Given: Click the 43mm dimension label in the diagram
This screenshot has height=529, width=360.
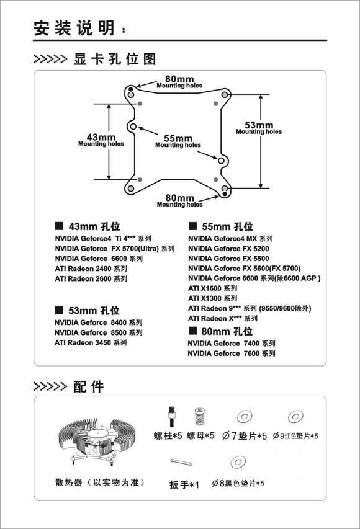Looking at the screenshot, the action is pos(101,140).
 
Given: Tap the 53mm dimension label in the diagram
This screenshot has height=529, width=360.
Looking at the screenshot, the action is pos(259,128).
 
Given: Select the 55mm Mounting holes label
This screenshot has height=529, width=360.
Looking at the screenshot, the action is pos(178,141).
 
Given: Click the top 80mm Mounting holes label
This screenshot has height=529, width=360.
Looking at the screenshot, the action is pos(179,82).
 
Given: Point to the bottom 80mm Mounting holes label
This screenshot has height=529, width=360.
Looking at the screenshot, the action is pos(179,201).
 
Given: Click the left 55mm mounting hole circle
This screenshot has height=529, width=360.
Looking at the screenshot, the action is pos(133,127).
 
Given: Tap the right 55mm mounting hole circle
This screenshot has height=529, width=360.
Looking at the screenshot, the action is pos(221,161).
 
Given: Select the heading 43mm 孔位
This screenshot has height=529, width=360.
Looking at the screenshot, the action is pos(88,226).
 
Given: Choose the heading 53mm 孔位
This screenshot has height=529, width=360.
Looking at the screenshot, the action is pos(87,310).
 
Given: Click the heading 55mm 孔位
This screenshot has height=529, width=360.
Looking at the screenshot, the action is pos(221,226).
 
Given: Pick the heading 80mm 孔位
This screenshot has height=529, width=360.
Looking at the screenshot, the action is pos(220,331).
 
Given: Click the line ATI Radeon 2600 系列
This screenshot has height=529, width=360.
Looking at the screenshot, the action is pos(91,278).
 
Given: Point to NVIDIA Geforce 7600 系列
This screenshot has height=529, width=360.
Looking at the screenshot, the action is pos(232,353).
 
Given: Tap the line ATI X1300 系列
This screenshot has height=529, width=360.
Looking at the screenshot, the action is pos(213,298).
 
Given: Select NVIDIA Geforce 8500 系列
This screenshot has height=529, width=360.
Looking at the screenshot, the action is pos(99,332).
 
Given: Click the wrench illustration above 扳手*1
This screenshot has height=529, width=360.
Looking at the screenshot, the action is pos(181,462).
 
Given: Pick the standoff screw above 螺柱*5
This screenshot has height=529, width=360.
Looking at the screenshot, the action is pos(171,417).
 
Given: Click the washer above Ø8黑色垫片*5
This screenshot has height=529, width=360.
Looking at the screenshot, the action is pos(238,462).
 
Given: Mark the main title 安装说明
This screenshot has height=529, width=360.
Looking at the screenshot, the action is pos(74,28).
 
